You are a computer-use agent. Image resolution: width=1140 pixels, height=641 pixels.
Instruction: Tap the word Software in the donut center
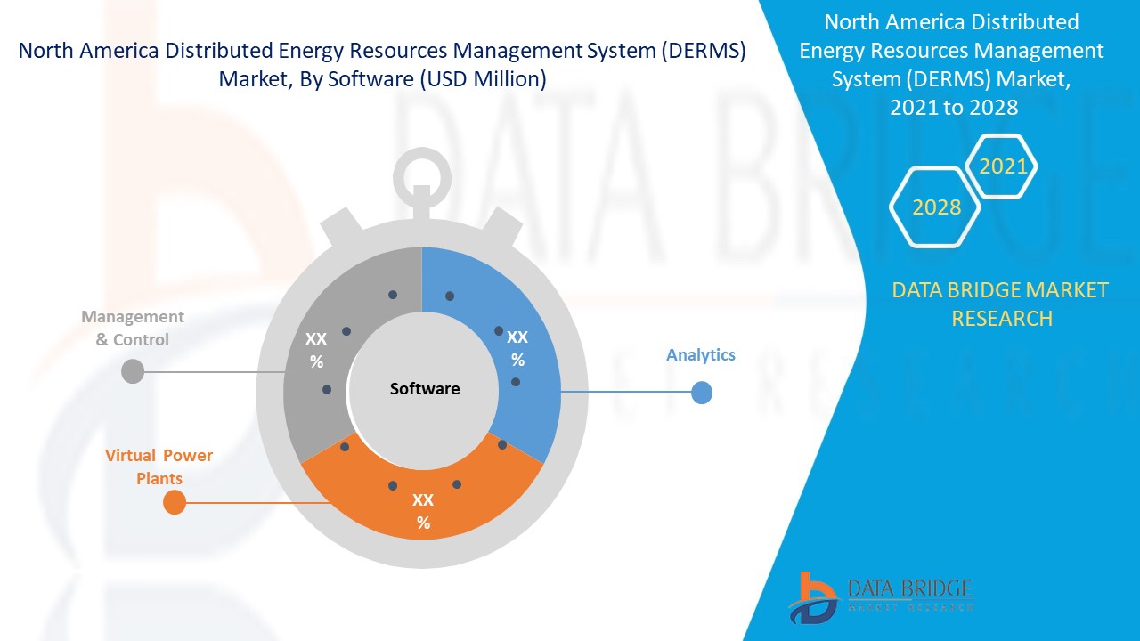coord(425,389)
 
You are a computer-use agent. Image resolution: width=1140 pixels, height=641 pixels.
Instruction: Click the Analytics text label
coord(701,355)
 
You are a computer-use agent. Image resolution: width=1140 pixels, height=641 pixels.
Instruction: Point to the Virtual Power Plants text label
coord(159,467)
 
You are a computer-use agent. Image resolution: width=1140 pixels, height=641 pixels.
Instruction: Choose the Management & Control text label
coord(133,328)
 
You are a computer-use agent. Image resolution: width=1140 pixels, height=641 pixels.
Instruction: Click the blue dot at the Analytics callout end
coord(702,393)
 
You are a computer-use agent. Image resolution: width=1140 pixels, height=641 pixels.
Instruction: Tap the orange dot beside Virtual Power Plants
coord(175,503)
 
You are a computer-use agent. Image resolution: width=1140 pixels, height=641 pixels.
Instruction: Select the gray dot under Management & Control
coord(132,371)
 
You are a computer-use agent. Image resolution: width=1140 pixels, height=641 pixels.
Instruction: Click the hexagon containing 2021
coord(1003,166)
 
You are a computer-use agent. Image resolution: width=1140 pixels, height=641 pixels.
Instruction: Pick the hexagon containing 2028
coord(936,207)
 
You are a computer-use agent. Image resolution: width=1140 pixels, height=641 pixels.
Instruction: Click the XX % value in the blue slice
coord(517,348)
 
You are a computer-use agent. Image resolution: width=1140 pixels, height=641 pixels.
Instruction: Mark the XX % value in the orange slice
coord(423,511)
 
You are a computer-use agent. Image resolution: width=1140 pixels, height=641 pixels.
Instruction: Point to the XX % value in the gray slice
coord(316,350)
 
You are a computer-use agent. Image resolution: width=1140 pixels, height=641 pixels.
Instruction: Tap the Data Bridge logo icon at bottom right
coord(812,596)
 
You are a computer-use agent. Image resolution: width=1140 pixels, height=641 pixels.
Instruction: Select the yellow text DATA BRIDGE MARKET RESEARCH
coord(1000,304)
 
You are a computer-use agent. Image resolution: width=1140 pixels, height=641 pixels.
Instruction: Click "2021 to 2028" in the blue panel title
coord(953,108)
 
